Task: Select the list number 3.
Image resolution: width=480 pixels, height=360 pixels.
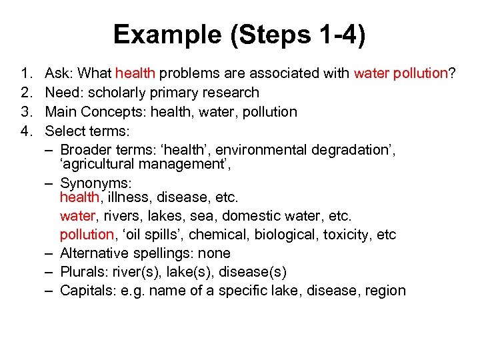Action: coord(26,111)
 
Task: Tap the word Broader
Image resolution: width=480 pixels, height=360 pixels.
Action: coord(84,149)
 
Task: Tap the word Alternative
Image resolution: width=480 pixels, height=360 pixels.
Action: coord(95,253)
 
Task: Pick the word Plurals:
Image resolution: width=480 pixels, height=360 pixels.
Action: coord(83,272)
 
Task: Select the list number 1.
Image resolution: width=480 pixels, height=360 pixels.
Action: coord(26,74)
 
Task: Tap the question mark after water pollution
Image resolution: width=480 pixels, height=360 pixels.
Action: coord(453,74)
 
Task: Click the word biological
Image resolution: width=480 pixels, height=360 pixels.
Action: coord(291,235)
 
